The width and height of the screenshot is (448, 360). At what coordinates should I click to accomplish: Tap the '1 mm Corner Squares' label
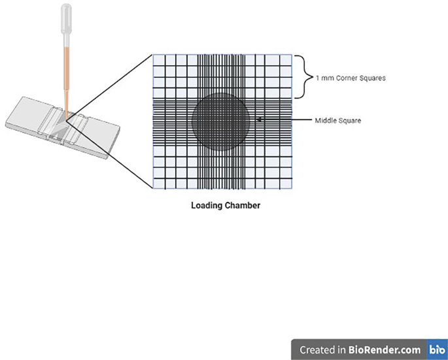tap(350, 78)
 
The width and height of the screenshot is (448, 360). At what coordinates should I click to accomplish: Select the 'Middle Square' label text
tap(337, 120)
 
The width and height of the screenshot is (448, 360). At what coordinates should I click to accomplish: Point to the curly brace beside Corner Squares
tap(302, 76)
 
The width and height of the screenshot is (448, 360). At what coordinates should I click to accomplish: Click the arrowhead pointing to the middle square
tap(260, 120)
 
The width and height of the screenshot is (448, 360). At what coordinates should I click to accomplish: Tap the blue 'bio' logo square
tap(436, 349)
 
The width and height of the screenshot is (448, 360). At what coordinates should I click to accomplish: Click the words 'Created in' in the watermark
tap(321, 350)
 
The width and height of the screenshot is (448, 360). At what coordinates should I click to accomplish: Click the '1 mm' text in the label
tap(322, 78)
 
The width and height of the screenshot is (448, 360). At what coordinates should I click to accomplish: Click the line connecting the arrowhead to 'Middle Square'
tap(288, 120)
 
